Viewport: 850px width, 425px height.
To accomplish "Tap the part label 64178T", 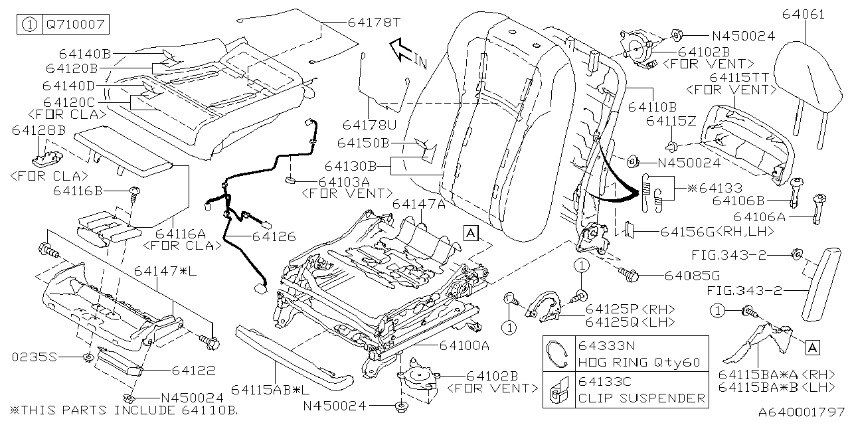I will pyautogui.click(x=374, y=22).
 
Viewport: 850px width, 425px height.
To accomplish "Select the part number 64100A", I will pyautogui.click(x=464, y=345).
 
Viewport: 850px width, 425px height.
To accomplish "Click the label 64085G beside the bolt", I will pyautogui.click(x=687, y=275).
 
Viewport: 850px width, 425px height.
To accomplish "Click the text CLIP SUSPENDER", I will pyautogui.click(x=641, y=398).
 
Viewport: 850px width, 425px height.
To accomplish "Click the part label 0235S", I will pyautogui.click(x=35, y=357).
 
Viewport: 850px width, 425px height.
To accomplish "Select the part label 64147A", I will pyautogui.click(x=418, y=205).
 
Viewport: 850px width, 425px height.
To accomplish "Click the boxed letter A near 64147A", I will pyautogui.click(x=470, y=232).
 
